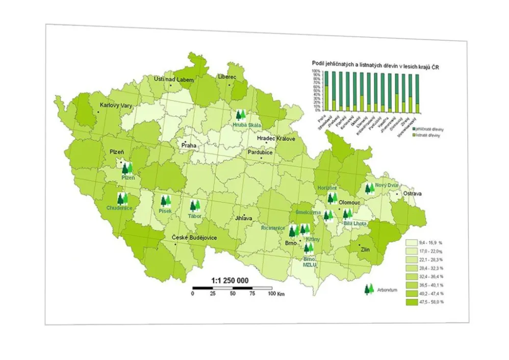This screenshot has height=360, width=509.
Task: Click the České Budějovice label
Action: coord(194,238)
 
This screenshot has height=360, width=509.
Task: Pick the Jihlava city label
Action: coord(244,218)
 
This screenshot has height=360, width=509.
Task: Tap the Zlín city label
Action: coord(365,250)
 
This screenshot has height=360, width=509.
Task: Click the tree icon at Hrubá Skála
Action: coord(240,116)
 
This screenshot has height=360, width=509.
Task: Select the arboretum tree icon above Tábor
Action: coord(195,206)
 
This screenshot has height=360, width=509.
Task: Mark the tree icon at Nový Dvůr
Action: coord(369,189)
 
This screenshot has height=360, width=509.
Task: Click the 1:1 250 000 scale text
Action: coord(230,280)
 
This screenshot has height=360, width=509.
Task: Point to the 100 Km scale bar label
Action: coord(275,294)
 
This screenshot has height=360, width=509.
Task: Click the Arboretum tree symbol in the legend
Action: coord(369,290)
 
